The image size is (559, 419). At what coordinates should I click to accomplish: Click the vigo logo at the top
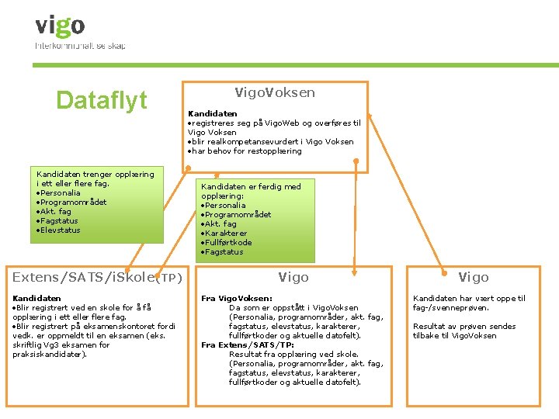click(60, 26)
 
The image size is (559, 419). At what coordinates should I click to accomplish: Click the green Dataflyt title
click(101, 100)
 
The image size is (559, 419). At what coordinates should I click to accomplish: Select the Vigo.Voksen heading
click(275, 92)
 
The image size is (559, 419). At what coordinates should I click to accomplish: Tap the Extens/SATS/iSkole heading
click(84, 277)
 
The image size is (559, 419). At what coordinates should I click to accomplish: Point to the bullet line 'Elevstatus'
click(59, 230)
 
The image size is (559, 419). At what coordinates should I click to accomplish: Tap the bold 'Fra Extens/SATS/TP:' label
click(248, 345)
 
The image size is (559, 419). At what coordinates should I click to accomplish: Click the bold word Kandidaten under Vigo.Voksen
click(213, 113)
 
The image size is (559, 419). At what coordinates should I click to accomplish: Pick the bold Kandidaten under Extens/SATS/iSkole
click(36, 298)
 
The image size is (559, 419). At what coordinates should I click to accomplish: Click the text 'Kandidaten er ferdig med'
click(251, 186)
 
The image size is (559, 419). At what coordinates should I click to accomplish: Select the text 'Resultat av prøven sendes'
click(464, 326)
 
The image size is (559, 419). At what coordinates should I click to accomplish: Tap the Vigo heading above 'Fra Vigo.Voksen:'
click(293, 277)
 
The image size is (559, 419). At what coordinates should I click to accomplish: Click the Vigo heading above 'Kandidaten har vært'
click(473, 277)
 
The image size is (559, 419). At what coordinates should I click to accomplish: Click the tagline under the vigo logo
click(80, 46)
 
